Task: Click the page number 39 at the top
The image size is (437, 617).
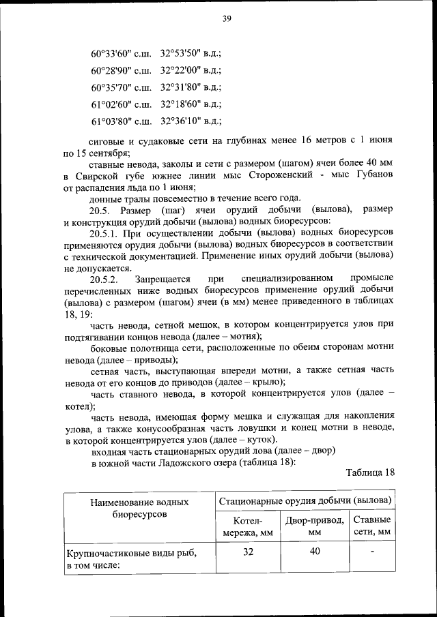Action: click(227, 18)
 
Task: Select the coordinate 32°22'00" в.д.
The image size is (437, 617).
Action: click(191, 70)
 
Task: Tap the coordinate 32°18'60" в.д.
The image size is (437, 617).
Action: click(191, 105)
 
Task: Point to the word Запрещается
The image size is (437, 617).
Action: click(163, 280)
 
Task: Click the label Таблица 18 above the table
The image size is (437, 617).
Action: click(370, 472)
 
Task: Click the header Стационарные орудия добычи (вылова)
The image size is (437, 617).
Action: click(305, 501)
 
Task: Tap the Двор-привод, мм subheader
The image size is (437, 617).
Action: click(314, 526)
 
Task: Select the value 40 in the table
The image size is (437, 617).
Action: click(314, 553)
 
